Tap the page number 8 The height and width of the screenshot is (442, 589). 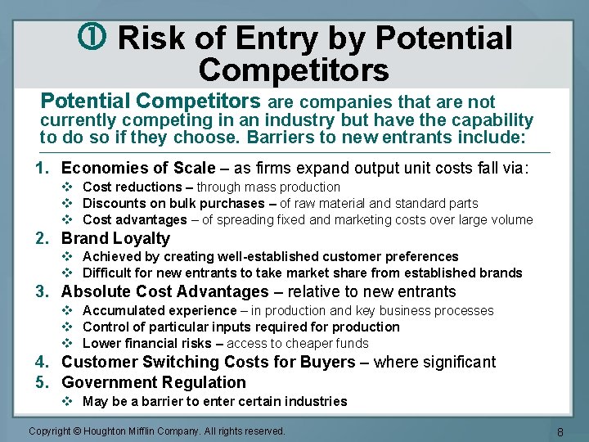(x=560, y=431)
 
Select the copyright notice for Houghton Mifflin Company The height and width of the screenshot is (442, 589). (x=157, y=431)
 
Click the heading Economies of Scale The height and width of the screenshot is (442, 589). (x=138, y=168)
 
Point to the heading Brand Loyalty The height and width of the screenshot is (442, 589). (x=115, y=238)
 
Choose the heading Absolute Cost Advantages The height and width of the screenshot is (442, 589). (x=164, y=291)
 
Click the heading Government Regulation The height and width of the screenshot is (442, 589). (x=153, y=382)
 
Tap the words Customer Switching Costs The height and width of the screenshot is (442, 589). (x=167, y=362)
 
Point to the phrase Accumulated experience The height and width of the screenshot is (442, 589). (x=160, y=310)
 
